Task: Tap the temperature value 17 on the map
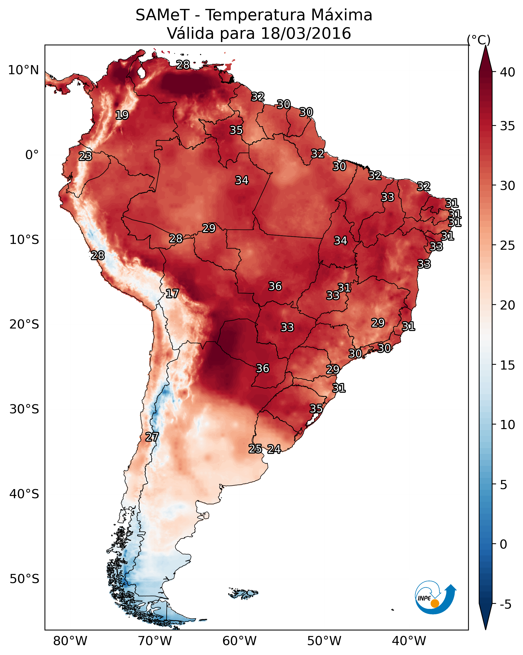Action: click(x=172, y=294)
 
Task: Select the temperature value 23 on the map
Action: click(x=85, y=156)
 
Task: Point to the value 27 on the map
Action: click(x=152, y=437)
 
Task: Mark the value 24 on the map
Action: click(x=274, y=449)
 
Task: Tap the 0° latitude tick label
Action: click(x=32, y=155)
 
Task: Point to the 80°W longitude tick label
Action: click(x=70, y=641)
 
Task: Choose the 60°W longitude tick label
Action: click(x=240, y=641)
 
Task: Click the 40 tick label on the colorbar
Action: click(x=508, y=72)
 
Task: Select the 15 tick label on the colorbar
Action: click(x=508, y=365)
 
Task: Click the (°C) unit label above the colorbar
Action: click(x=479, y=40)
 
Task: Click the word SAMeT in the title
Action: click(x=162, y=15)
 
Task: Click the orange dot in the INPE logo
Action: click(x=435, y=603)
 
